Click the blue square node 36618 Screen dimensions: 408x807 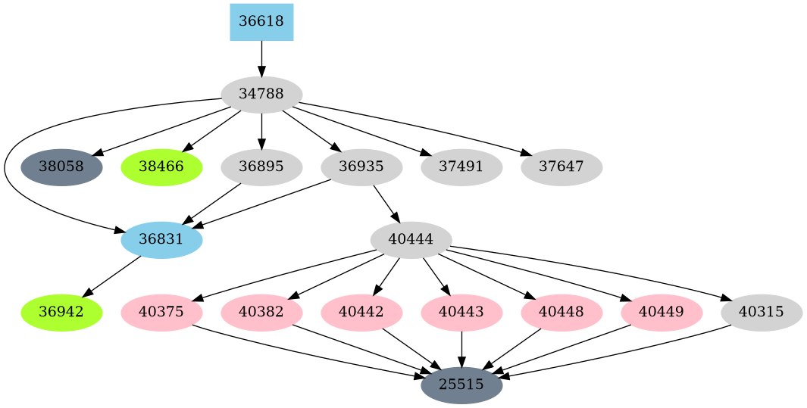point(261,22)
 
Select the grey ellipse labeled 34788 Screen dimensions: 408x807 point(261,95)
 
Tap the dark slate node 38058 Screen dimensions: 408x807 point(61,167)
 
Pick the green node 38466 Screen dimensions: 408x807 point(161,167)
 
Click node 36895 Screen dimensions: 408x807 point(261,167)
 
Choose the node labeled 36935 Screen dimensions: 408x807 point(361,167)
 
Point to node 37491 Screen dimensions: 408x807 point(461,167)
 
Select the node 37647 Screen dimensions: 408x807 point(561,167)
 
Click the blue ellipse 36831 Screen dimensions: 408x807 point(161,240)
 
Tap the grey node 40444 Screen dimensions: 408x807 point(411,240)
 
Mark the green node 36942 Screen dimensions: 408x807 point(61,313)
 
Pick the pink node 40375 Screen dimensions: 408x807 point(161,313)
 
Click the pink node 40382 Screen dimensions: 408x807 point(261,313)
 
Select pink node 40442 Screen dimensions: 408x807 point(361,313)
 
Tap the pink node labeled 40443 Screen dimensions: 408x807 point(461,313)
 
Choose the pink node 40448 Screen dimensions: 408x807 point(561,313)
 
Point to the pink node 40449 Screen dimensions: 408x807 point(662,313)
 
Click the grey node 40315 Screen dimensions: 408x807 point(762,313)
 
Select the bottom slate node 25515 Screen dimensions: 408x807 point(461,385)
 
